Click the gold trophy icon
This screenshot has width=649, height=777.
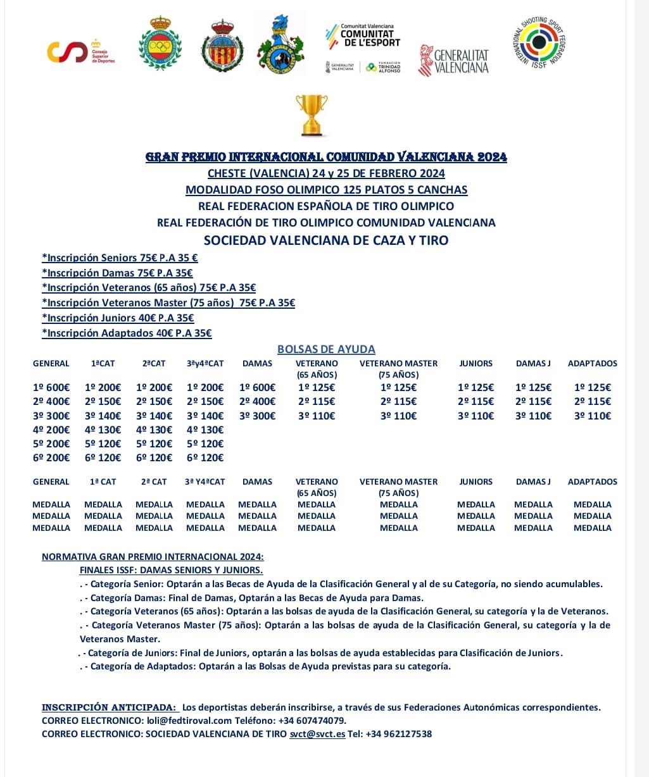(312, 115)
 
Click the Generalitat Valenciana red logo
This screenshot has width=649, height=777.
(454, 61)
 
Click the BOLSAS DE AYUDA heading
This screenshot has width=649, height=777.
(326, 349)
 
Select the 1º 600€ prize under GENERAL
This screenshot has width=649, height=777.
(51, 388)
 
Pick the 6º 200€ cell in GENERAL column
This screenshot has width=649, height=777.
(51, 457)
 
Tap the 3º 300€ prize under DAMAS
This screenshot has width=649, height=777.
(258, 416)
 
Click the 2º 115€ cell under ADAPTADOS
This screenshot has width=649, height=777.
(593, 402)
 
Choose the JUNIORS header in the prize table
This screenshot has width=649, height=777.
(476, 363)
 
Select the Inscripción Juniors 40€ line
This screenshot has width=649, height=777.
(118, 318)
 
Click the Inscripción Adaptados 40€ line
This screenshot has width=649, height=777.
(127, 333)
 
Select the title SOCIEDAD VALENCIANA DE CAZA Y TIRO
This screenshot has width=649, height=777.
(326, 240)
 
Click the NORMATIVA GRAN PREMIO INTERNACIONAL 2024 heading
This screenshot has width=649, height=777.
(153, 557)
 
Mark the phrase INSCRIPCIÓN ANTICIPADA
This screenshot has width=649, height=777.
(109, 707)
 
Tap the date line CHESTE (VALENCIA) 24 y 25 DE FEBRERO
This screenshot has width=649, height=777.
(326, 173)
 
